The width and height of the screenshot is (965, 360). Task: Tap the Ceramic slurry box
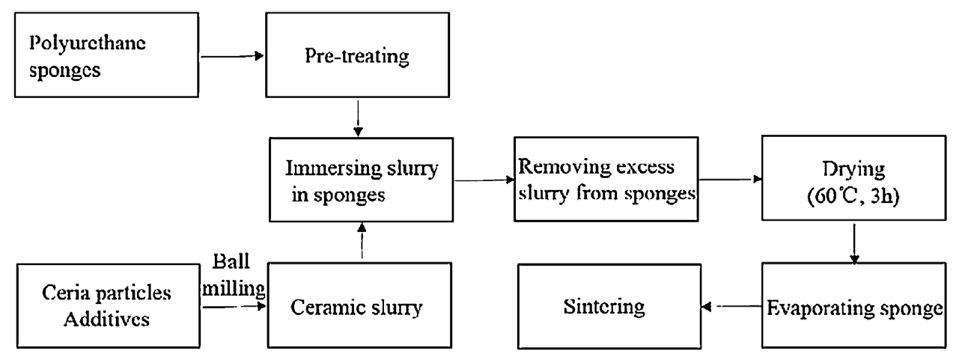coord(360,305)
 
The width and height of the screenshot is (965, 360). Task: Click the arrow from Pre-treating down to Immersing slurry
coord(359,117)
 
